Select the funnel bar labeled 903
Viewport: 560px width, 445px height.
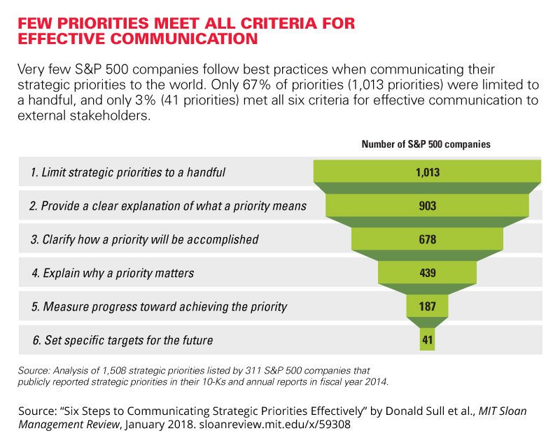tap(427, 206)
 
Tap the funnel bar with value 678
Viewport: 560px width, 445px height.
tap(427, 239)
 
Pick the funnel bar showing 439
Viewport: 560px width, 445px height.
tap(427, 273)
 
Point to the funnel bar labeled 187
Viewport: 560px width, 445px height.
tap(427, 306)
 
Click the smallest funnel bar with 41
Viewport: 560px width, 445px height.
tap(427, 340)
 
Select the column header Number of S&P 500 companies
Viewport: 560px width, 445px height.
tap(426, 144)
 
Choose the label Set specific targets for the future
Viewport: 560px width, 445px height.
tap(128, 341)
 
